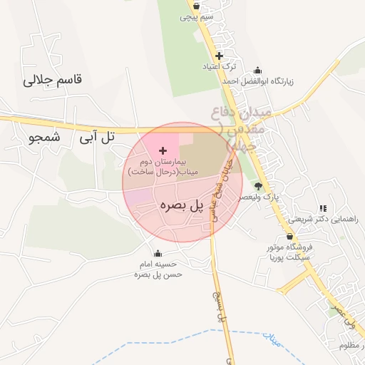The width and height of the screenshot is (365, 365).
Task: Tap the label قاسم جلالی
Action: pyautogui.click(x=53, y=80)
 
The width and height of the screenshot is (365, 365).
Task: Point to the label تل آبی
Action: pyautogui.click(x=98, y=137)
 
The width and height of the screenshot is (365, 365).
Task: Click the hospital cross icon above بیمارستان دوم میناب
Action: pyautogui.click(x=163, y=150)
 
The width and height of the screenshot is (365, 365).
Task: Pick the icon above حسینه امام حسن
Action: pyautogui.click(x=158, y=253)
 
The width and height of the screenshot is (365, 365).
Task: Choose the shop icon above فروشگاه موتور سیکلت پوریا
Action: pyautogui.click(x=289, y=236)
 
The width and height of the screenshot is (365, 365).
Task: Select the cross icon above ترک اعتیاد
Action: pyautogui.click(x=219, y=55)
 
